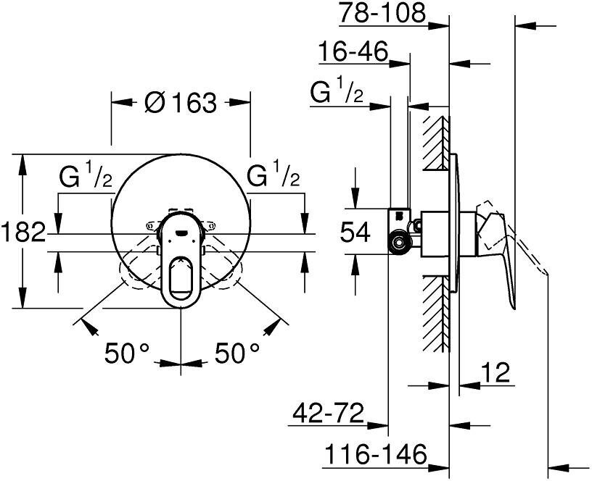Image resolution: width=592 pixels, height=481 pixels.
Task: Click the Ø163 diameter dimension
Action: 181,103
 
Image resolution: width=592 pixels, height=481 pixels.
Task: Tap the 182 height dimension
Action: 22,233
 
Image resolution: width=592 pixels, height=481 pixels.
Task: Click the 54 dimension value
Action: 355,233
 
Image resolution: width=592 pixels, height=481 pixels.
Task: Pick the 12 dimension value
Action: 496,373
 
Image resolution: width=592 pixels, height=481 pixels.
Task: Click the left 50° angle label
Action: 127,354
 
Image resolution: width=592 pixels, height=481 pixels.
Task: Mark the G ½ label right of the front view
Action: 274,177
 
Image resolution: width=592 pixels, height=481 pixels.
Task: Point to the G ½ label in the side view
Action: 337,93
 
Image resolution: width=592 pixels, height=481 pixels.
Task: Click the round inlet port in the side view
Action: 398,243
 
